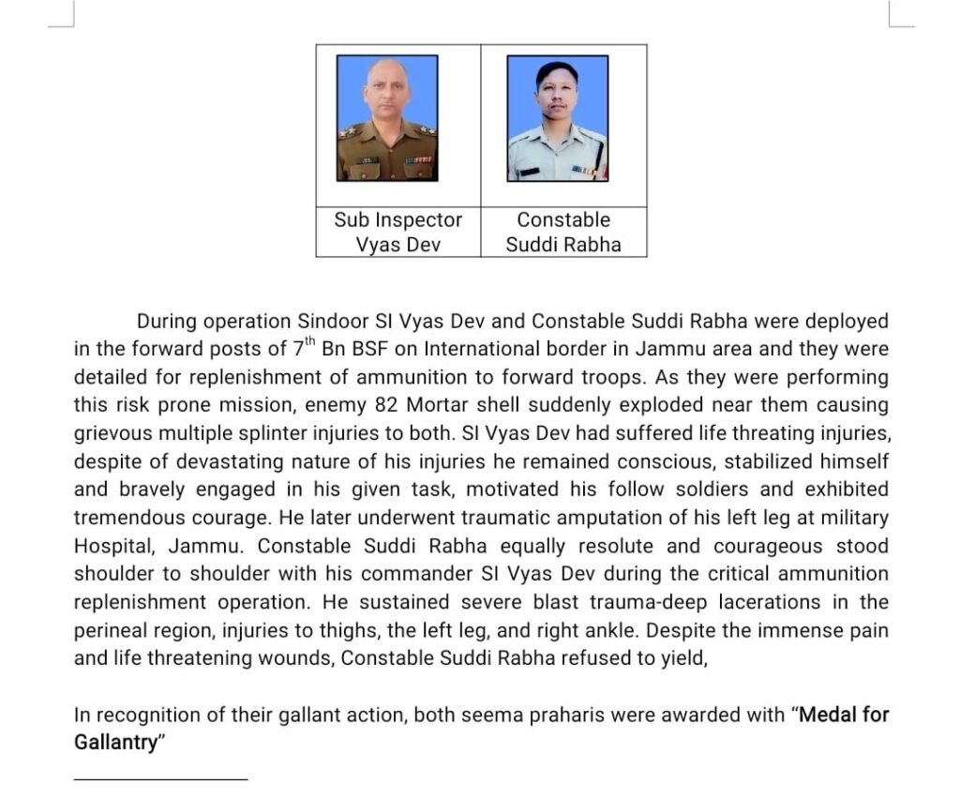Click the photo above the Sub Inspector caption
click(x=387, y=118)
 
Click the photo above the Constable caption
click(x=557, y=118)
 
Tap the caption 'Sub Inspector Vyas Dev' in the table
click(x=397, y=233)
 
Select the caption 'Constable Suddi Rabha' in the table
click(x=563, y=233)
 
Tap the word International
click(x=482, y=349)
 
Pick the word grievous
click(x=113, y=433)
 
